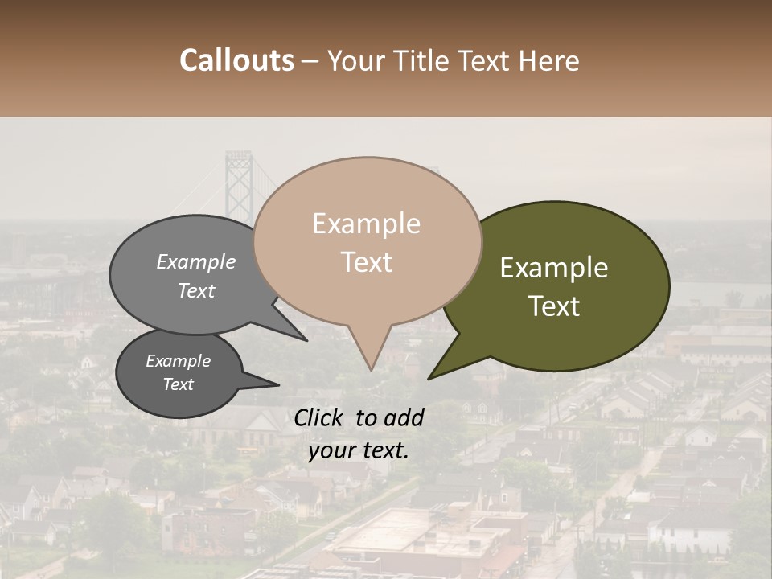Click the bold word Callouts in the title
(x=236, y=60)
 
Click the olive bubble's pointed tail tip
(x=429, y=378)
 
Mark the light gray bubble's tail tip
(x=306, y=340)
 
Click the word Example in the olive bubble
(x=554, y=268)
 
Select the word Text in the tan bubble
(x=367, y=262)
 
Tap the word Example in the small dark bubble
(x=179, y=361)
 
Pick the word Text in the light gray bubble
(x=196, y=290)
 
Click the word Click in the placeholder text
(x=318, y=417)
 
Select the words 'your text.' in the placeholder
(x=359, y=450)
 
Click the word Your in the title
(x=355, y=60)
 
